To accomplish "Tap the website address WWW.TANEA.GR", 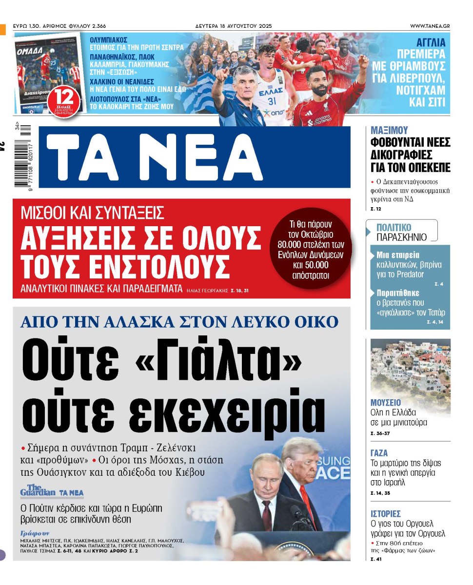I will click(x=430, y=26).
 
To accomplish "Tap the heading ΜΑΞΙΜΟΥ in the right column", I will click(x=389, y=130).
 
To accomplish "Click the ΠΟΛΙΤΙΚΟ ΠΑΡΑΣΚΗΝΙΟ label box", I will click(x=401, y=232).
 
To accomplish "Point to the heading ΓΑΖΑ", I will click(x=379, y=453).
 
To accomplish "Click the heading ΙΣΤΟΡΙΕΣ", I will click(x=386, y=513).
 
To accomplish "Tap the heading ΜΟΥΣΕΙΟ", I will click(x=386, y=403).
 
